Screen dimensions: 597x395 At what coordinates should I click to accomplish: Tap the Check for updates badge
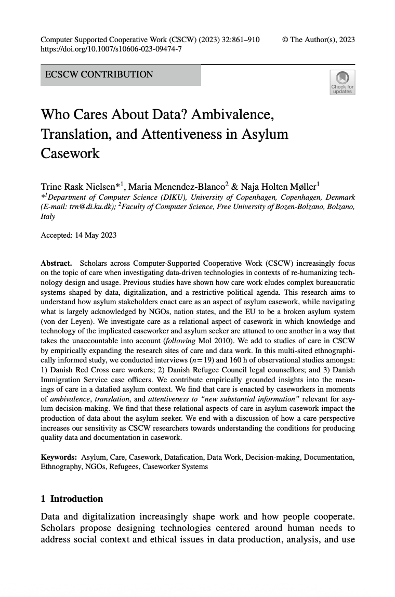click(342, 83)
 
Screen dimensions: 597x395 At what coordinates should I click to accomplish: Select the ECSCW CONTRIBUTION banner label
click(99, 74)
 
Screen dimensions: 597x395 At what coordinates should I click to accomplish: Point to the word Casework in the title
click(70, 153)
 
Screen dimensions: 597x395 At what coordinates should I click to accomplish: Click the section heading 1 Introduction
click(72, 499)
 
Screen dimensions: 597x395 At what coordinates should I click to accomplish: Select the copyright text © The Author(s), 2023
click(318, 40)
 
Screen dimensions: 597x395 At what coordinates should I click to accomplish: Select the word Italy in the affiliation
click(48, 216)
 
